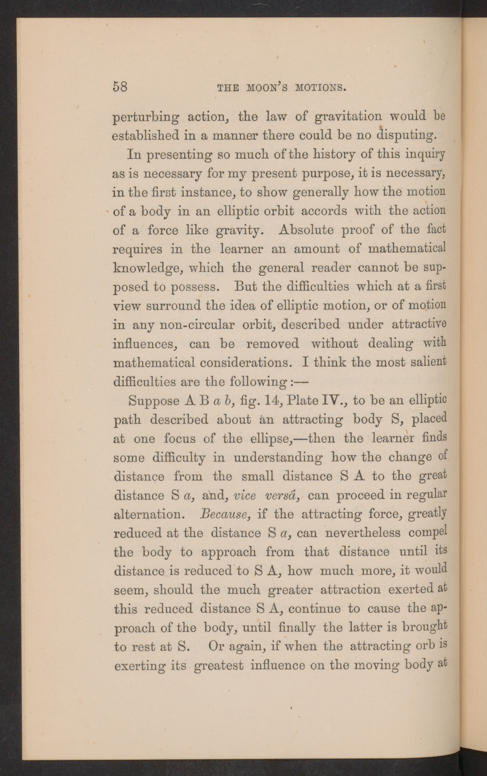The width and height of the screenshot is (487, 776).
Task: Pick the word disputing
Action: click(405, 136)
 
